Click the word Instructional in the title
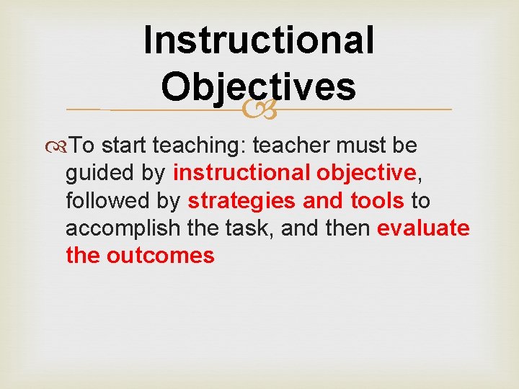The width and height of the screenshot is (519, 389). pyautogui.click(x=259, y=40)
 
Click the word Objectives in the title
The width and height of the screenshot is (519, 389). pyautogui.click(x=259, y=87)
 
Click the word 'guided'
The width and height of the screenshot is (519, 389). pyautogui.click(x=99, y=174)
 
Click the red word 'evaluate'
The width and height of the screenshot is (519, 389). pyautogui.click(x=424, y=228)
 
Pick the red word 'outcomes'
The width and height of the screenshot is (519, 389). pyautogui.click(x=160, y=256)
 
